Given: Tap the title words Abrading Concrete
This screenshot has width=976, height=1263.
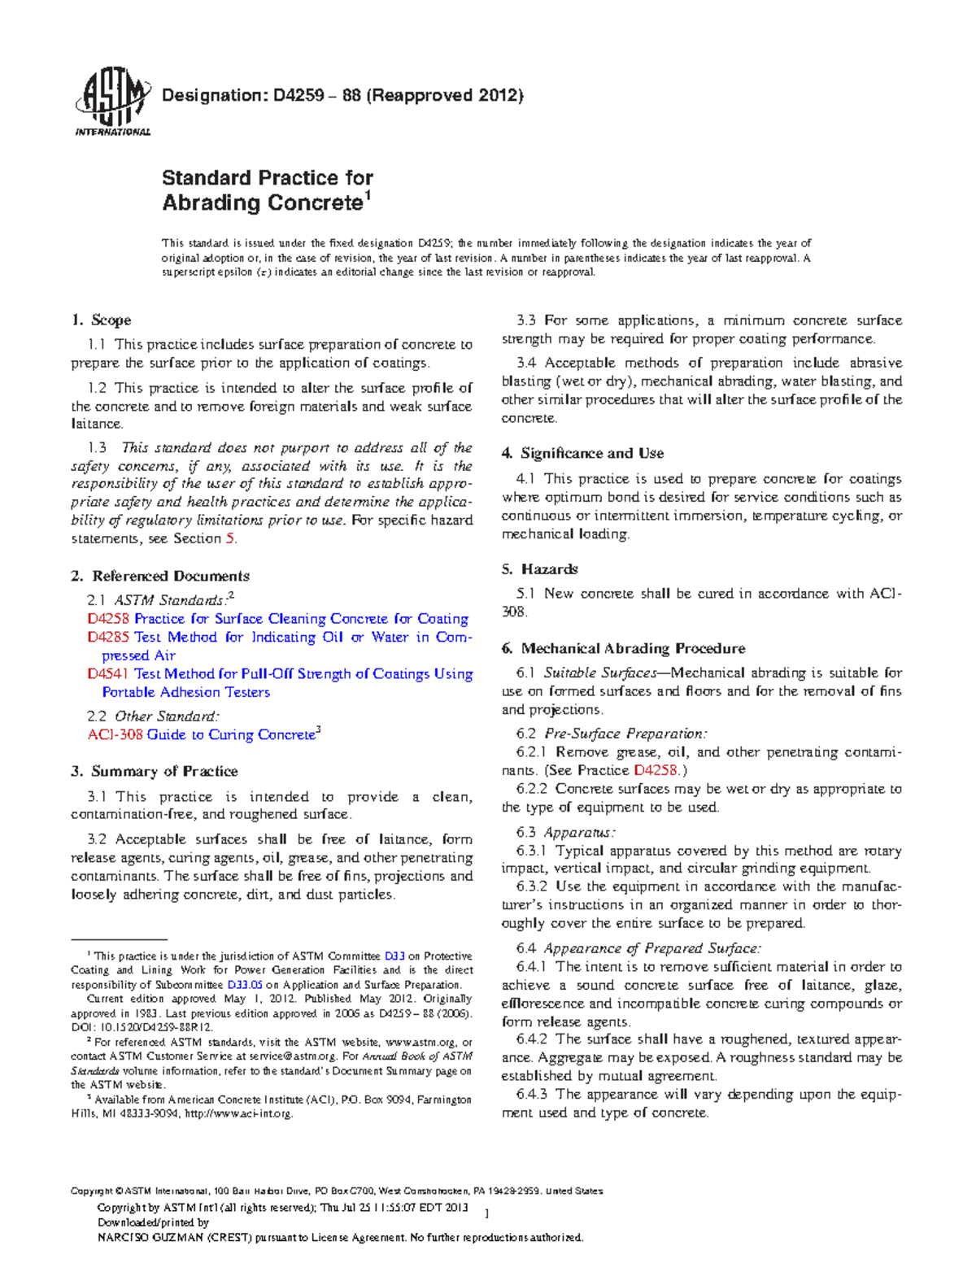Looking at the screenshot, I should [x=262, y=203].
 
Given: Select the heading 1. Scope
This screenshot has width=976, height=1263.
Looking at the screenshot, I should [x=102, y=320].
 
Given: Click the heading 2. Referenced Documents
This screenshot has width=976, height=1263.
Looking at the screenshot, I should [x=160, y=576].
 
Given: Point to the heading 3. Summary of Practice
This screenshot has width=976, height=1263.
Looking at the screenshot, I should [x=155, y=771].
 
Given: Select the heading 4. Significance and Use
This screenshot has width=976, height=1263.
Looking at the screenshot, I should [x=582, y=453].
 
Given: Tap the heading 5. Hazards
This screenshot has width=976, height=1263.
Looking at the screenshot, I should [x=540, y=568].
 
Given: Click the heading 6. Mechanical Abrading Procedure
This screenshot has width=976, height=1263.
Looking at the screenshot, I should [x=623, y=648].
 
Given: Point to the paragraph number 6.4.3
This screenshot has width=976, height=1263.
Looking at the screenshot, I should [x=532, y=1094].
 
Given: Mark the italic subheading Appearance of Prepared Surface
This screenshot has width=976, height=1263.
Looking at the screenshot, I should [x=652, y=948].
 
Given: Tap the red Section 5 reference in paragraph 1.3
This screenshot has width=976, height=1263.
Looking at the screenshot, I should [x=230, y=538].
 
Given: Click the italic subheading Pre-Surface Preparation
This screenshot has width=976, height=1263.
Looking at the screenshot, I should [x=625, y=734].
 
